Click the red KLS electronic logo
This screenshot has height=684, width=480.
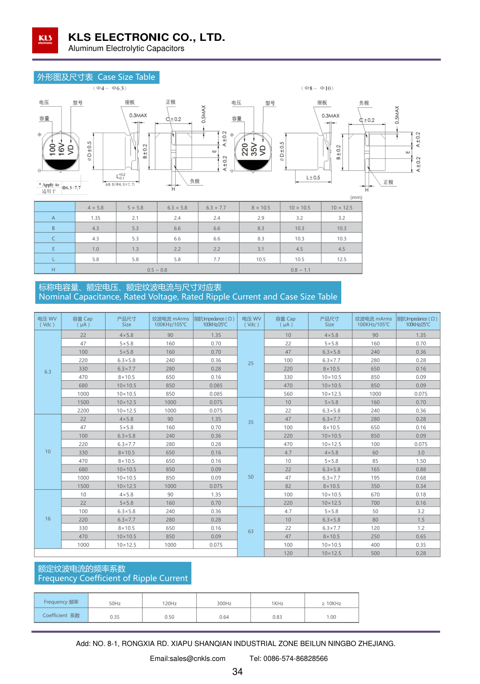pos(45,40)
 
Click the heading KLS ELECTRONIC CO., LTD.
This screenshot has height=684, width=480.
pos(146,37)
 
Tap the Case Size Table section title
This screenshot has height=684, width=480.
pos(96,77)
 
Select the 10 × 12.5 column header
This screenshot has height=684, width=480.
pos(341,208)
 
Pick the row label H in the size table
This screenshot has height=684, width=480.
pos(53,270)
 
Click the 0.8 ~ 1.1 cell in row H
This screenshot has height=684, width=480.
pos(300,270)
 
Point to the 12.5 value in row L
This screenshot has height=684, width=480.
pos(341,259)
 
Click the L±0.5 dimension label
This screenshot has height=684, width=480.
pos(313,177)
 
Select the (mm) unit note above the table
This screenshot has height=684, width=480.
pos(356,198)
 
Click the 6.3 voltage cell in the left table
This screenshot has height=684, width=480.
pos(48,372)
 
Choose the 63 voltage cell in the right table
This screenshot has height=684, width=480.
pos(251,531)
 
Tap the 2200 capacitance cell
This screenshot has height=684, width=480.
pos(83,410)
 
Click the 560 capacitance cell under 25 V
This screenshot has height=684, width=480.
pos(288,394)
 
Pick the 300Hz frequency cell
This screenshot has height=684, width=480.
pos(224,603)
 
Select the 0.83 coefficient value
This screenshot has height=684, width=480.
pos(277,617)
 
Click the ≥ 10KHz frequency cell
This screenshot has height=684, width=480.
pos(331,603)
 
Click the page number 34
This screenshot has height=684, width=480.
pos(237,672)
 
